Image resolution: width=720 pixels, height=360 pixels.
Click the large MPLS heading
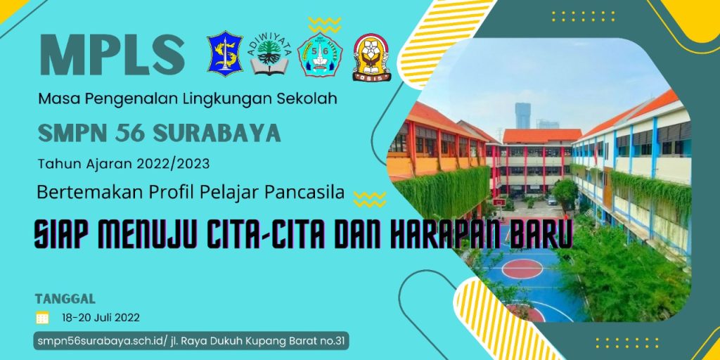pyautogui.click(x=112, y=55)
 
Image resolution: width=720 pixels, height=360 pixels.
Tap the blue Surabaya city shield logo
pyautogui.click(x=224, y=53)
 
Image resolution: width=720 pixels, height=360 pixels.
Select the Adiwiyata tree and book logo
pyautogui.click(x=269, y=56)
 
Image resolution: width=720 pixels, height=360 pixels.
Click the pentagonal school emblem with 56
pyautogui.click(x=320, y=56)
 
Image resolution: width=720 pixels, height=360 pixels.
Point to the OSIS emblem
pyautogui.click(x=371, y=57)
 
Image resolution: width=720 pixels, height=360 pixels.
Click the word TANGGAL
pyautogui.click(x=65, y=300)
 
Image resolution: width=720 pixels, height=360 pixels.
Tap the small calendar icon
pyautogui.click(x=43, y=317)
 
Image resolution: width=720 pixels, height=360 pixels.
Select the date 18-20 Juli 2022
pyautogui.click(x=101, y=317)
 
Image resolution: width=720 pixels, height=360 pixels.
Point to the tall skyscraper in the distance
pyautogui.click(x=522, y=116)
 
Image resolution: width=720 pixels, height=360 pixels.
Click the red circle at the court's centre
pyautogui.click(x=522, y=269)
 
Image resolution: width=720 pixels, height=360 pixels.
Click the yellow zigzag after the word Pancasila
pyautogui.click(x=370, y=199)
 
